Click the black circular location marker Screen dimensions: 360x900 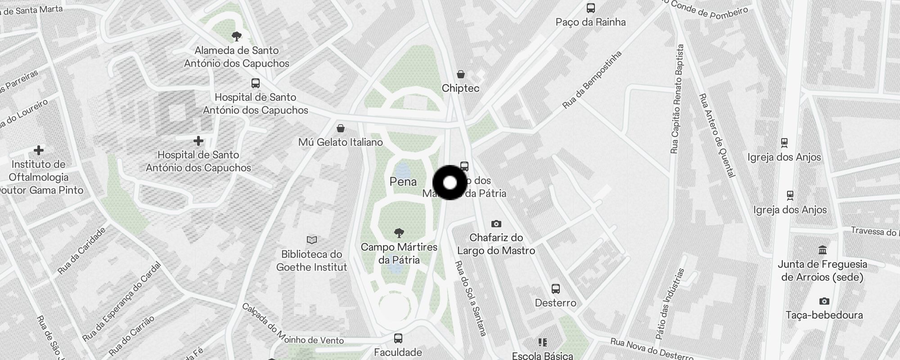pos(450,183)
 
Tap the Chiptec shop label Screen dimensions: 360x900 pos(460,88)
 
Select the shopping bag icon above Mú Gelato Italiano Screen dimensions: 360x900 pos(341,129)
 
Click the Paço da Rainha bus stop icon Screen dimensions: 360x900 pos(590,8)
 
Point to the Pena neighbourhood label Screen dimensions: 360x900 pos(403,182)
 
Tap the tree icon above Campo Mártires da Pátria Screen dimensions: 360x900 pos(399,233)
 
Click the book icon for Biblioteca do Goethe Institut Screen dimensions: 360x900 pos(311,240)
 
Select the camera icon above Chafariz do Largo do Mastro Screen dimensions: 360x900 pos(496,224)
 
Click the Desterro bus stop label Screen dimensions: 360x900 pos(555,303)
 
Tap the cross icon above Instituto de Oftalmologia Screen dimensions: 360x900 pos(39,150)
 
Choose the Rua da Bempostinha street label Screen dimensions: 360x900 pos(592,80)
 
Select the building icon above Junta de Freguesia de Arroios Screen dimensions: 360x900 pos(823,250)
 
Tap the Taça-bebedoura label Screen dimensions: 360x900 pos(824,315)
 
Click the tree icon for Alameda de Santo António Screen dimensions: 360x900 pos(236,36)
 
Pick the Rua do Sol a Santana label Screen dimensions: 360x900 pos(471,298)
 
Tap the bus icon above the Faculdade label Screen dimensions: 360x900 pos(398,338)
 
